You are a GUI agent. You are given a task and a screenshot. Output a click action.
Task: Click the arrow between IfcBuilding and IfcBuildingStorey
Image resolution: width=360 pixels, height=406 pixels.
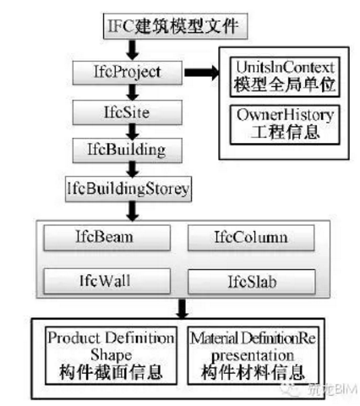(x=132, y=167)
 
